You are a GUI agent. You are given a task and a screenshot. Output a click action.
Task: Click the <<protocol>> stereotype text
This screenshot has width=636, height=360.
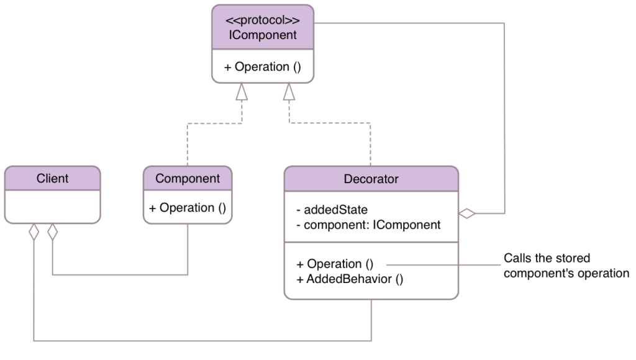(263, 19)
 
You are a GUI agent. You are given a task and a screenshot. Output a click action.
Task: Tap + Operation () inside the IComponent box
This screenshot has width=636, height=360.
(263, 67)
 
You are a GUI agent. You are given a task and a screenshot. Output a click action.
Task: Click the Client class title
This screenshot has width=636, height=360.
(52, 179)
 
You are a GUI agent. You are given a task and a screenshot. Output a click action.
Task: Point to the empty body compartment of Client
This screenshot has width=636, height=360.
(52, 206)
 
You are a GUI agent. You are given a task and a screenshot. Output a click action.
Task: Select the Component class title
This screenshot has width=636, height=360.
(188, 179)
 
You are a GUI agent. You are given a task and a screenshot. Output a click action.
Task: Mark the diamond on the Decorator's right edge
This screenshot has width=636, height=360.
(467, 214)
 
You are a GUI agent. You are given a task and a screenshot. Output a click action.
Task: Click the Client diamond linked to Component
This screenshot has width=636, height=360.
(53, 233)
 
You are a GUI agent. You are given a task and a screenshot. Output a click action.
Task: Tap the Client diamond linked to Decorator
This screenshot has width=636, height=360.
(34, 233)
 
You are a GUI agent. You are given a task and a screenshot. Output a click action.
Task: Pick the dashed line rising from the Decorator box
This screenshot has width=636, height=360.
(371, 146)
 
